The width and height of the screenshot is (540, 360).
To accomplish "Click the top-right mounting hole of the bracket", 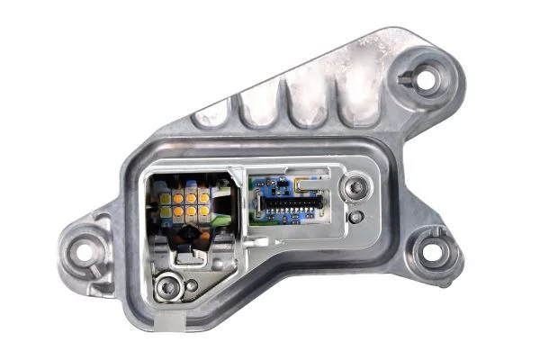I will (x=427, y=77).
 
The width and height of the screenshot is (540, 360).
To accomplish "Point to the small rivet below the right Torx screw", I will (x=357, y=217).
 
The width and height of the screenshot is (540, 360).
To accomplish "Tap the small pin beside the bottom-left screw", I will (x=191, y=287).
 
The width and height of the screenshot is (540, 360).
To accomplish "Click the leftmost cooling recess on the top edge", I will (x=212, y=115).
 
